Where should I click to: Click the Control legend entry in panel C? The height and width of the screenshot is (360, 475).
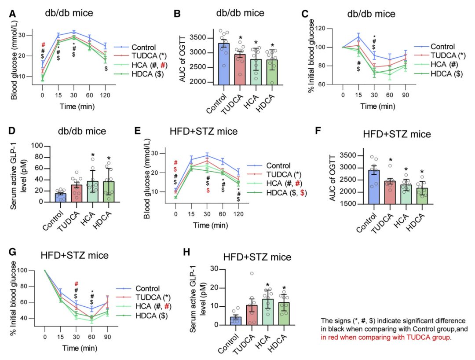(442, 46)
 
